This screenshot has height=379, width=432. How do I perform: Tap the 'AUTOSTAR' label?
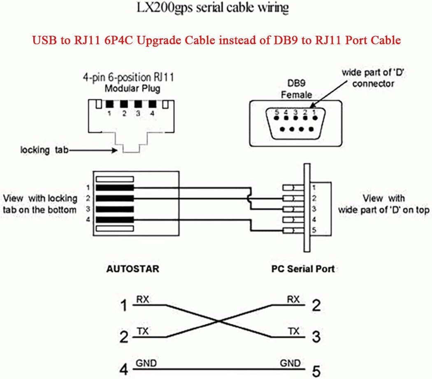pos(132,269)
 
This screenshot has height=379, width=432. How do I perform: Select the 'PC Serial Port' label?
pos(303,269)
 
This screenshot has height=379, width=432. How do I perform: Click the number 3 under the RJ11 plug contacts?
pos(138,113)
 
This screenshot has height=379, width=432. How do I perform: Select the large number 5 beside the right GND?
pos(316,370)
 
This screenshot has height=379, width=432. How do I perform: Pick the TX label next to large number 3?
pos(293,331)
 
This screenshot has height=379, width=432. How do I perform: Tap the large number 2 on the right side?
pos(316,306)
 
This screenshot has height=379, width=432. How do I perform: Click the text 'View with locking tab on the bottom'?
pos(40,204)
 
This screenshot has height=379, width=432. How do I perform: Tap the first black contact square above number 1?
pos(109,104)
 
